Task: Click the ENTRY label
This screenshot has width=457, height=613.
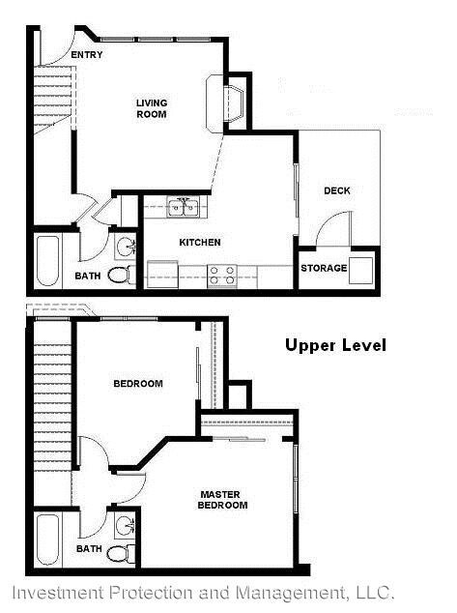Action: tap(87, 55)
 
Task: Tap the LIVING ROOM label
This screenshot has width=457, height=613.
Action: tap(151, 108)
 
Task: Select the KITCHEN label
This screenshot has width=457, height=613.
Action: tap(200, 242)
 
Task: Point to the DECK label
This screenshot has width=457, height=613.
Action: tap(337, 190)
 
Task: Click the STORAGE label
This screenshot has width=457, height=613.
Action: tap(322, 268)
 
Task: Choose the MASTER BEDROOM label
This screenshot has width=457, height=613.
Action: tap(223, 499)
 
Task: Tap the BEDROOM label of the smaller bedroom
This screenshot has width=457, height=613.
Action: tap(138, 384)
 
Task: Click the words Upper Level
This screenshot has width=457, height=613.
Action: tap(335, 345)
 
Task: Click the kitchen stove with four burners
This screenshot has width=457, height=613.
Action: tap(223, 276)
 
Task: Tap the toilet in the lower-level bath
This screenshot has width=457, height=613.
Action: tap(119, 275)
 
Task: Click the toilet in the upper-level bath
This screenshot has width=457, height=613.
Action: tap(119, 553)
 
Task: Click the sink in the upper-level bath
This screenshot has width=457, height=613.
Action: tap(124, 526)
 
